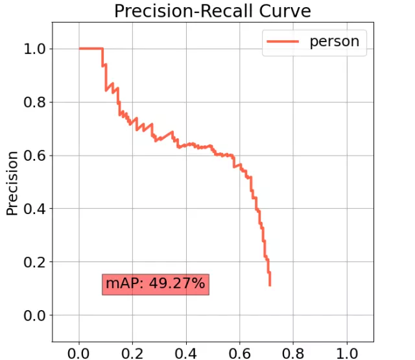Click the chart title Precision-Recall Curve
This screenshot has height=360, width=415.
pyautogui.click(x=212, y=11)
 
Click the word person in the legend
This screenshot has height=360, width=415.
pyautogui.click(x=335, y=41)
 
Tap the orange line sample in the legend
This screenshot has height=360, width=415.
pyautogui.click(x=280, y=42)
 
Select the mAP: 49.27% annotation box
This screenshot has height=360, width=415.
pyautogui.click(x=156, y=283)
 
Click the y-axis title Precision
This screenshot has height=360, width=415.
pyautogui.click(x=12, y=183)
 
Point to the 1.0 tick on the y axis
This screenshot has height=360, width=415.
pyautogui.click(x=37, y=49)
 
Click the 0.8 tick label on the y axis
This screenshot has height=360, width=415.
pyautogui.click(x=37, y=102)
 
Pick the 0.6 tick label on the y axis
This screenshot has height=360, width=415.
pyautogui.click(x=37, y=156)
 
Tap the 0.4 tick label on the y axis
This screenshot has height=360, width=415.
pyautogui.click(x=37, y=209)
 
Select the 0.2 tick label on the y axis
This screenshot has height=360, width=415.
pyautogui.click(x=37, y=262)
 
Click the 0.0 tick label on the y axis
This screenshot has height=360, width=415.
pyautogui.click(x=37, y=315)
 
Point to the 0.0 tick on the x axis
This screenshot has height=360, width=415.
pyautogui.click(x=79, y=352)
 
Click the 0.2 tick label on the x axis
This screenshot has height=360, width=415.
pyautogui.click(x=132, y=352)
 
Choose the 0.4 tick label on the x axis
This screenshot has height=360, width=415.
pyautogui.click(x=186, y=352)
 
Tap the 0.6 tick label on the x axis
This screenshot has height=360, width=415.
pyautogui.click(x=239, y=352)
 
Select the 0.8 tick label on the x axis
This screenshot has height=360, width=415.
pyautogui.click(x=293, y=352)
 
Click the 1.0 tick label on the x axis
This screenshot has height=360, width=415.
pyautogui.click(x=346, y=352)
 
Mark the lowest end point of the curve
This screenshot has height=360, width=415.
pyautogui.click(x=269, y=285)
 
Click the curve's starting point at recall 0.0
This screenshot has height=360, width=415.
pyautogui.click(x=79, y=49)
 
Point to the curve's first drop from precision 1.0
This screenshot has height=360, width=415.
pyautogui.click(x=102, y=49)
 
